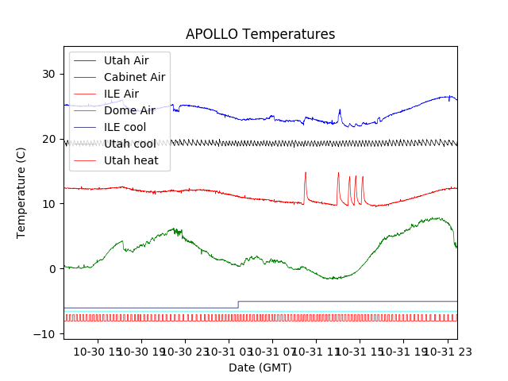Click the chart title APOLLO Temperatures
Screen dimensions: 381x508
[260, 34]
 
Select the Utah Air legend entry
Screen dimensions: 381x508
[126, 60]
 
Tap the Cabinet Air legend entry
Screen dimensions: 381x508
[134, 77]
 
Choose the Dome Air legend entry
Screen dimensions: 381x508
[129, 110]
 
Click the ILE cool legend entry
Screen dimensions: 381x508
[125, 127]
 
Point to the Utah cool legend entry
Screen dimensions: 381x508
[129, 144]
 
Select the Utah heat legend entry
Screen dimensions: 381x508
[131, 160]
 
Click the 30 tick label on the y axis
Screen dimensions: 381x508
[48, 74]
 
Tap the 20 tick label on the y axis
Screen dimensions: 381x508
[48, 139]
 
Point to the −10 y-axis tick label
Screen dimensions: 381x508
[45, 334]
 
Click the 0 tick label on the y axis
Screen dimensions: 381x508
[52, 269]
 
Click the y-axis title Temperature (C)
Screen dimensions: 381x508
[21, 193]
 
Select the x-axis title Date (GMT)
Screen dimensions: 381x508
[260, 368]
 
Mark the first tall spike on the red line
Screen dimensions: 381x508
[305, 173]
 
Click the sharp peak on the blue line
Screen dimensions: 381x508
[340, 110]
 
